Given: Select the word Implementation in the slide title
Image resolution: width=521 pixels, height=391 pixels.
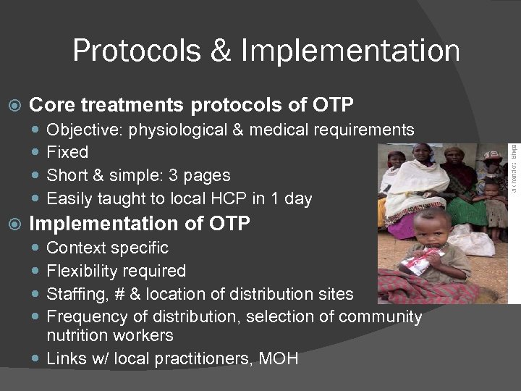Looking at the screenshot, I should (350, 51).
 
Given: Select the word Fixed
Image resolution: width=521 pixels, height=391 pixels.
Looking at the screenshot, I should (67, 153).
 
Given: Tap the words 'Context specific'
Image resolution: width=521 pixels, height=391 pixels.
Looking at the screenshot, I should (107, 248).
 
